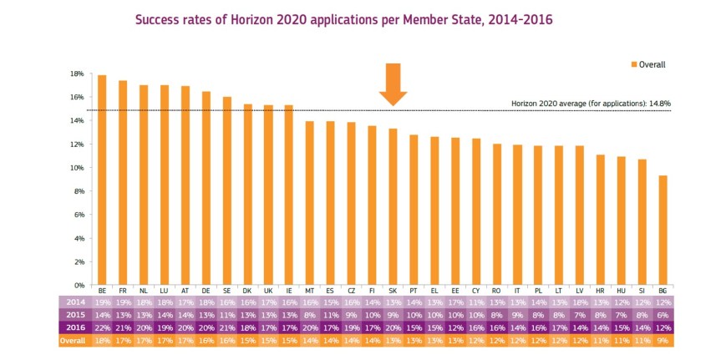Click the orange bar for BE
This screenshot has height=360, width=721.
(102, 180)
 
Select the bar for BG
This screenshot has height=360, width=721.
(663, 230)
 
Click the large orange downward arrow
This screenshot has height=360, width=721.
(393, 84)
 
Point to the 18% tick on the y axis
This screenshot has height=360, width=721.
(77, 74)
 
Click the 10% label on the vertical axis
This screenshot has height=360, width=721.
(77, 168)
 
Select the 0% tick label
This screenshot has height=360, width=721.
(79, 285)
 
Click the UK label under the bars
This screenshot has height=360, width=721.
(268, 290)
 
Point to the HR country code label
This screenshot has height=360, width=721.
(600, 290)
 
